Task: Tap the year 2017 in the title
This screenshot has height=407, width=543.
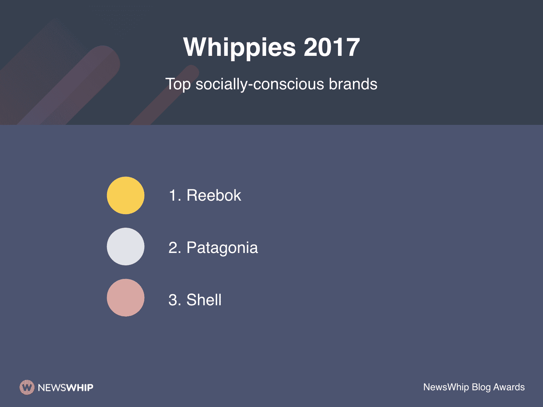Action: (x=332, y=47)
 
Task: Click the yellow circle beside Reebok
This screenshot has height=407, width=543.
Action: (x=125, y=195)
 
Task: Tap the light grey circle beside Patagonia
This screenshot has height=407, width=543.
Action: (x=125, y=247)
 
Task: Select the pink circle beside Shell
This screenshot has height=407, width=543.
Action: (x=125, y=298)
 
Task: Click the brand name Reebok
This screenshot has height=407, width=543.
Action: (x=214, y=195)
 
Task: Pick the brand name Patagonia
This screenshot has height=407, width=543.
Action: (x=222, y=248)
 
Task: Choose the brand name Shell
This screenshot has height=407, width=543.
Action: (x=204, y=300)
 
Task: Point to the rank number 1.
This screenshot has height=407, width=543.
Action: (x=173, y=195)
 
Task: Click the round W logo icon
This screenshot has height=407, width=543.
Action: (x=27, y=387)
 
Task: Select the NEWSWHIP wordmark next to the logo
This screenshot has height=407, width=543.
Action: (x=65, y=387)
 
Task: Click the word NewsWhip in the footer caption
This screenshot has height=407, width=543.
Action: (x=446, y=387)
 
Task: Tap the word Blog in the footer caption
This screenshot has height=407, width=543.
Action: (x=481, y=387)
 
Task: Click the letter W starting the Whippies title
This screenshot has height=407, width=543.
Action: (x=195, y=47)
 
